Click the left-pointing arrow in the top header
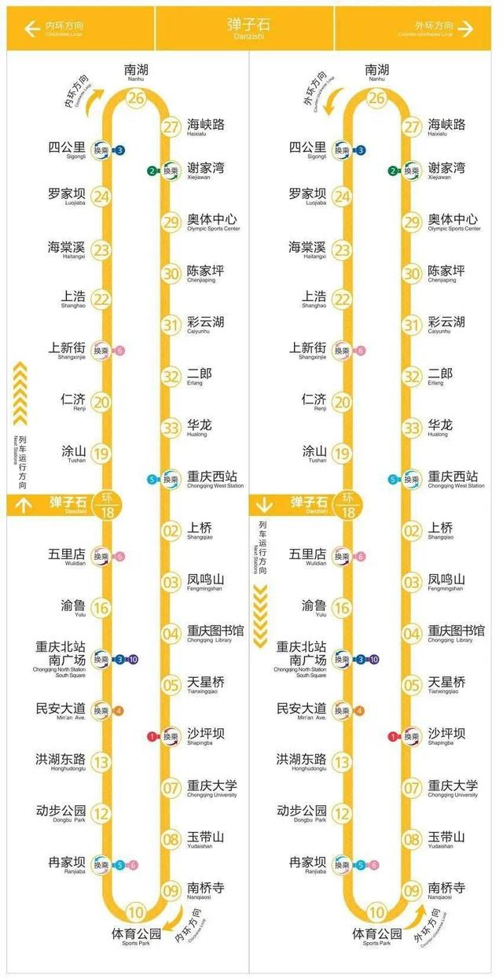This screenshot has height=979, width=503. click(x=32, y=29)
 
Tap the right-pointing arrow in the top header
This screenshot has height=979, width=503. click(x=465, y=29)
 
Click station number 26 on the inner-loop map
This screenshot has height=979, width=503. click(x=137, y=98)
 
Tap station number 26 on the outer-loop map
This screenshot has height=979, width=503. click(x=377, y=98)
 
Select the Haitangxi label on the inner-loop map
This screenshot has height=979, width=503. click(x=66, y=249)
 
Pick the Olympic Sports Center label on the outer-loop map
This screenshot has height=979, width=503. click(x=453, y=221)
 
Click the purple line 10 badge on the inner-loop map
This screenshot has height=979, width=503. click(x=134, y=659)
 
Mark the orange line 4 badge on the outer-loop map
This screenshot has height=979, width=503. click(x=360, y=711)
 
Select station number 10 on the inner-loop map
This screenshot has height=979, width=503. click(x=137, y=913)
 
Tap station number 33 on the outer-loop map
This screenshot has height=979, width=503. click(x=412, y=428)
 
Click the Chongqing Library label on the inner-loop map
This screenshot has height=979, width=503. click(x=215, y=633)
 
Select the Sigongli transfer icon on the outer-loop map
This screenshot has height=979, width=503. click(x=341, y=150)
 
